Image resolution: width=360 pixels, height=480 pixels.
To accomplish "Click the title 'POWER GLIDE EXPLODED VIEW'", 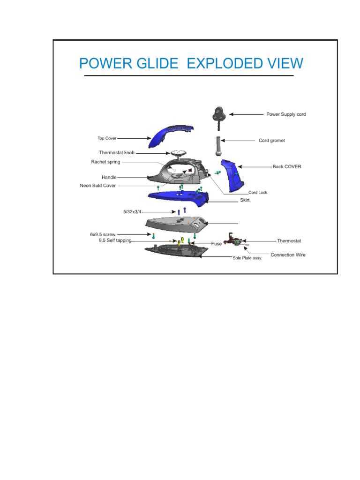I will point(191,63).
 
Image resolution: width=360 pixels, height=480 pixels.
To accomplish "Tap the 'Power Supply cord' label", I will point(286,114).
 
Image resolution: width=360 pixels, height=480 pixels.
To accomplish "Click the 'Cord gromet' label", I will point(272,141).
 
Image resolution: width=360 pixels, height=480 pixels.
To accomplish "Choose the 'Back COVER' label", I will point(287,166).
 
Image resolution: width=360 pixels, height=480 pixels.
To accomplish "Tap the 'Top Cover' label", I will point(107,138).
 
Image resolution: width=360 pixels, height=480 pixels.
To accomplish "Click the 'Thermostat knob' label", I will point(117,153).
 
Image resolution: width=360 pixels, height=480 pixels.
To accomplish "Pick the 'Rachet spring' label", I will point(105,162).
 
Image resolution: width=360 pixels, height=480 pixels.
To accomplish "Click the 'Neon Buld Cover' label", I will point(97,186).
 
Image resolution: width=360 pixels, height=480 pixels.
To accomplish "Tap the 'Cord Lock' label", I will point(258,193).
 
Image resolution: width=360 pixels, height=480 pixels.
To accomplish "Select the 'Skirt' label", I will point(245,200).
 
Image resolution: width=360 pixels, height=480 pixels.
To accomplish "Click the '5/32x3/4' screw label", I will point(132,212).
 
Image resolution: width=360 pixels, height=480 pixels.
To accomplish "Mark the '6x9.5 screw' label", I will point(103,234).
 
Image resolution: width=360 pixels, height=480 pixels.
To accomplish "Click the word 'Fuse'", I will point(216,244).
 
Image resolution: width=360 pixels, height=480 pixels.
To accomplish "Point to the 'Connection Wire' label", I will point(288,255).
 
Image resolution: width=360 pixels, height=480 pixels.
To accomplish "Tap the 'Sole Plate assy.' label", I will point(247,258).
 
